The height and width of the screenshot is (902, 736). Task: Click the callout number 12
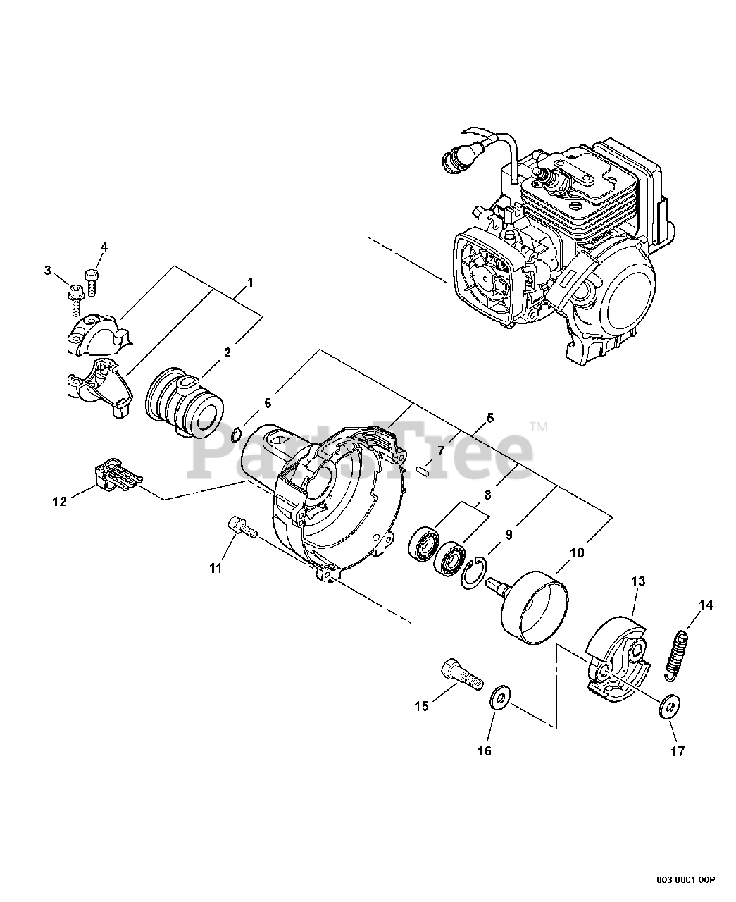pos(59,501)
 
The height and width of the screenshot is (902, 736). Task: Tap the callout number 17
pos(677,751)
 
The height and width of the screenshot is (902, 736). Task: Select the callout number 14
pos(706,605)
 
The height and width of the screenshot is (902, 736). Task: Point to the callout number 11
pos(215,567)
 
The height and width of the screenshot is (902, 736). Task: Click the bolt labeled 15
pos(461,673)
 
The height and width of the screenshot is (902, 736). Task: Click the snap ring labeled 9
pos(473,569)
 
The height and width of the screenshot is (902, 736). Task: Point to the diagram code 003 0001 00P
pos(686,879)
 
